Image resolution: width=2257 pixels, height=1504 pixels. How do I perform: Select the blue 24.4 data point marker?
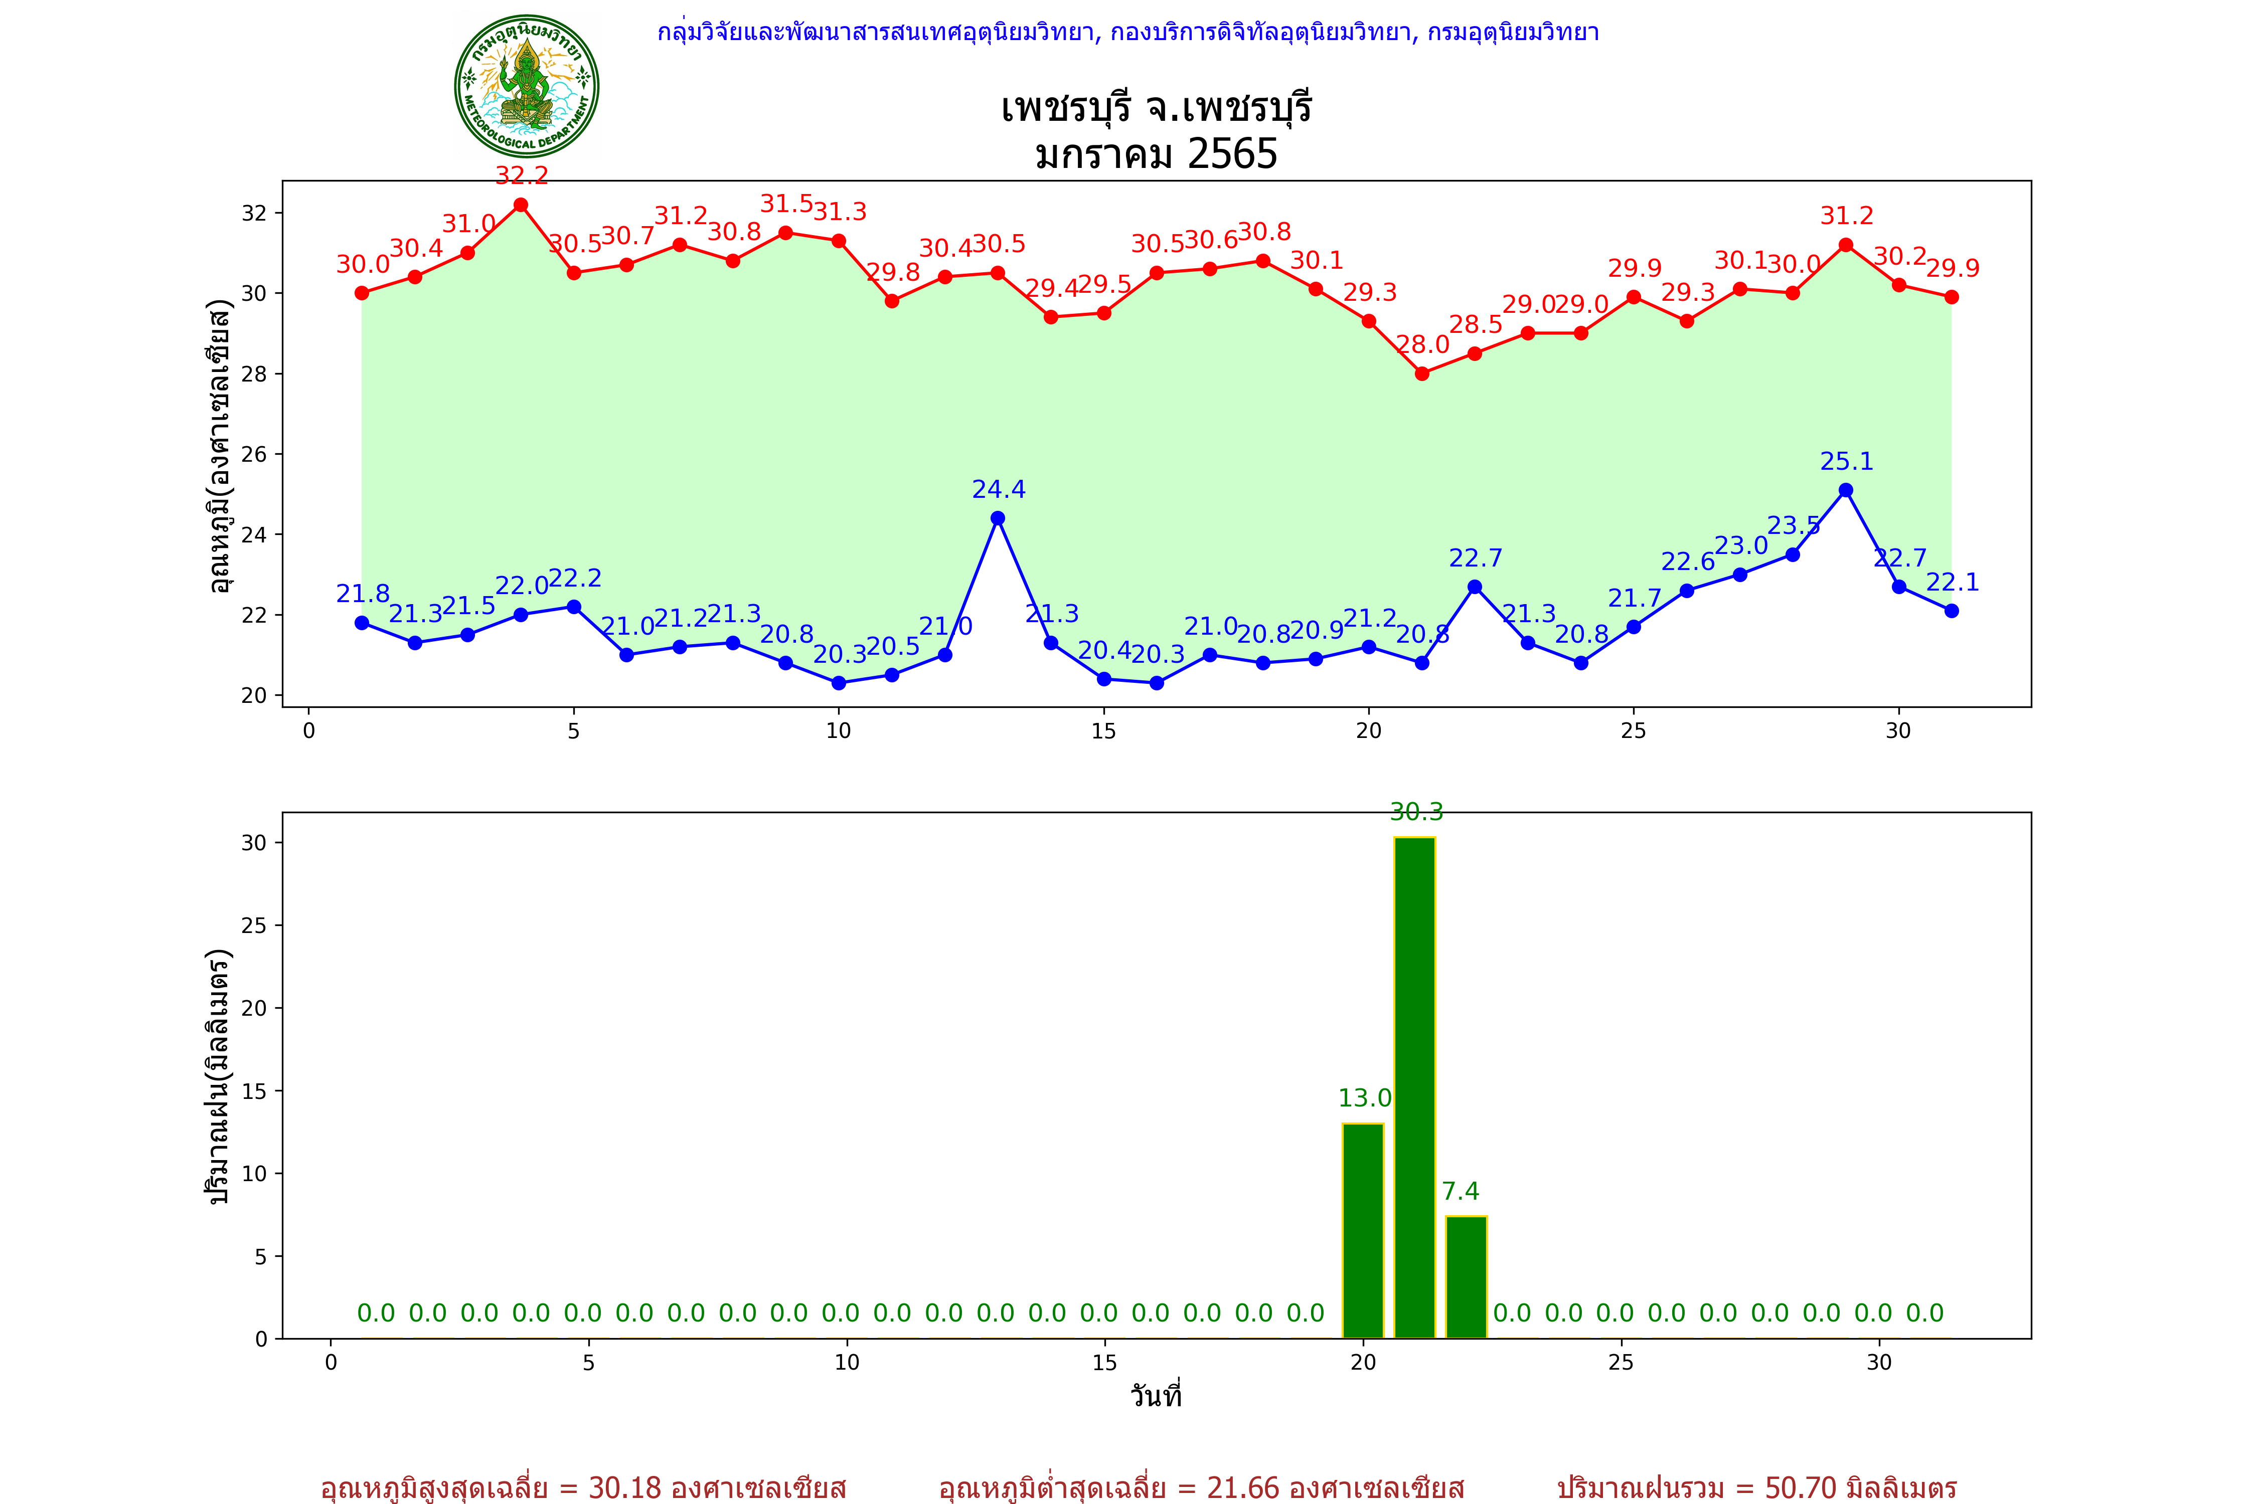coord(998,518)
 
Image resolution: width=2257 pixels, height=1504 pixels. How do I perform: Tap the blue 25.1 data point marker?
coord(1845,490)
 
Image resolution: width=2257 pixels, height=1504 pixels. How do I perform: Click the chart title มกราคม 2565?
coord(1156,153)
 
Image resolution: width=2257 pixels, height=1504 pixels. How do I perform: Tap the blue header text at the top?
coord(1127,33)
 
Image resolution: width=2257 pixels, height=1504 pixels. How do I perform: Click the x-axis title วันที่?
coord(1156,1396)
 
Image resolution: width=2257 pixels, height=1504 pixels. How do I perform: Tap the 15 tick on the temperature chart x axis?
coord(1103,731)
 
